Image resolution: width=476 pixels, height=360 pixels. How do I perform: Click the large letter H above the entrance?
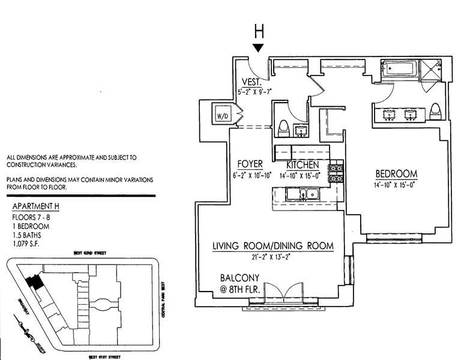pos(259,31)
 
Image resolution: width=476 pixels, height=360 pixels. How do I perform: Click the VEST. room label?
pos(251,82)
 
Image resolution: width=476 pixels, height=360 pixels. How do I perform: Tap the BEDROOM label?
pos(396,174)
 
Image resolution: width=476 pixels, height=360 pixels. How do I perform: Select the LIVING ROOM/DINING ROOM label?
pos(273,247)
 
